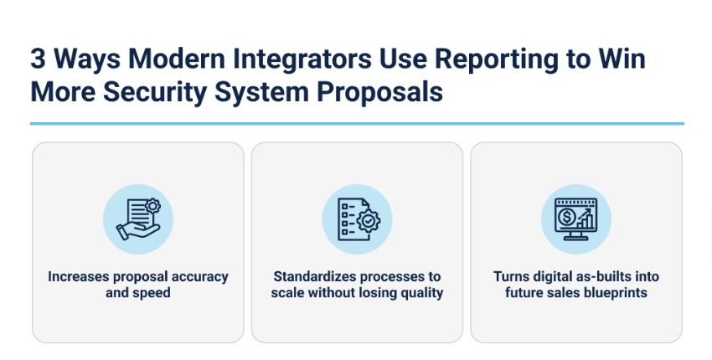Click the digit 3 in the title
[x=39, y=59]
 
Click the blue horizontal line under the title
[x=357, y=123]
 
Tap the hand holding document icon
[x=138, y=219]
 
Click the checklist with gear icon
[x=358, y=219]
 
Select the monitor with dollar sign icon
[x=575, y=219]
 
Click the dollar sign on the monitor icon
[x=566, y=217]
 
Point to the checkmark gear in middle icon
[x=369, y=221]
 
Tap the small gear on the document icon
[x=152, y=206]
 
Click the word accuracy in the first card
[x=200, y=276]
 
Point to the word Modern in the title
[x=177, y=59]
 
